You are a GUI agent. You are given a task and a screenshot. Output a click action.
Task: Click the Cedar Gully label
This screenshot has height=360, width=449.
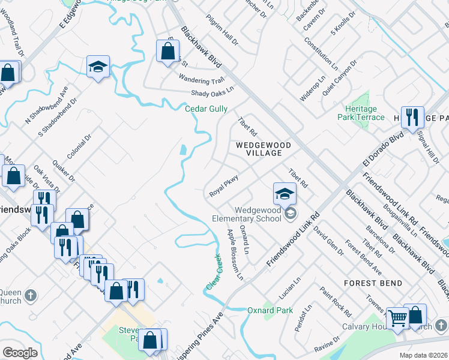206,109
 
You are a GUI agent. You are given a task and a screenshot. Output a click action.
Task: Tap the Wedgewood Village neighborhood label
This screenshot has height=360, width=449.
263,149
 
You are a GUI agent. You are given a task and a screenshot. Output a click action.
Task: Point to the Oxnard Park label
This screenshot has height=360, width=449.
270,310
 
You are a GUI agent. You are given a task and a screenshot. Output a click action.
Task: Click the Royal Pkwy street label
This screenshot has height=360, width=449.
224,186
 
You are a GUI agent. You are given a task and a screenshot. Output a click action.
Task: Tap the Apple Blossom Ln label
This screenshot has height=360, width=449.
235,255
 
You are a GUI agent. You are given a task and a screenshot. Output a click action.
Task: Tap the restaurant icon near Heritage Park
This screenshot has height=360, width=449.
412,117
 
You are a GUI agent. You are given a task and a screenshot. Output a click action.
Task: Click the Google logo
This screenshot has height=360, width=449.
20,353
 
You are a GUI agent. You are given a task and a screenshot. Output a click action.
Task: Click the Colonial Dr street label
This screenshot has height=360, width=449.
79,146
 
